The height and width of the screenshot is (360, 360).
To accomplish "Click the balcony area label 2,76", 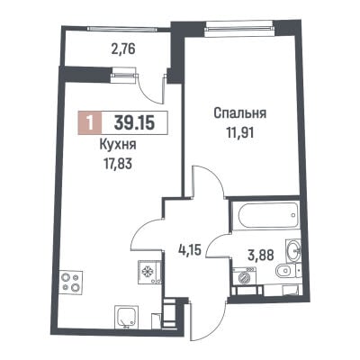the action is (123, 49).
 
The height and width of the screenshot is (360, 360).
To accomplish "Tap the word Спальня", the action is (240, 114).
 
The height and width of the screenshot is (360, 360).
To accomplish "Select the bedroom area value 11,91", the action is (240, 132).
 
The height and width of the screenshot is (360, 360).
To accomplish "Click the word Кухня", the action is (118, 145).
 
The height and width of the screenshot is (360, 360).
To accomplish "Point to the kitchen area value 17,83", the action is (117, 164).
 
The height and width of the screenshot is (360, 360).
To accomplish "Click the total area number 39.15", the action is (135, 123).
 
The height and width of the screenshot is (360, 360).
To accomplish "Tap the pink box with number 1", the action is (90, 123).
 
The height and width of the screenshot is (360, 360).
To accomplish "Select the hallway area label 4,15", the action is (188, 249).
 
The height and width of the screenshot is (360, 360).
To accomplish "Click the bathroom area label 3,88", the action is (261, 256).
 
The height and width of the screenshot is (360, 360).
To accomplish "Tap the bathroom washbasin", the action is (292, 249).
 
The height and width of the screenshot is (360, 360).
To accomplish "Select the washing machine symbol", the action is (245, 276).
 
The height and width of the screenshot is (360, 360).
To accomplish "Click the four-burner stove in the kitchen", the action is (71, 283).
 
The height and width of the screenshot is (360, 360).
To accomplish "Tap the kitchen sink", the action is (127, 316).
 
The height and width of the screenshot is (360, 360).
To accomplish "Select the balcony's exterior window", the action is (121, 29).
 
